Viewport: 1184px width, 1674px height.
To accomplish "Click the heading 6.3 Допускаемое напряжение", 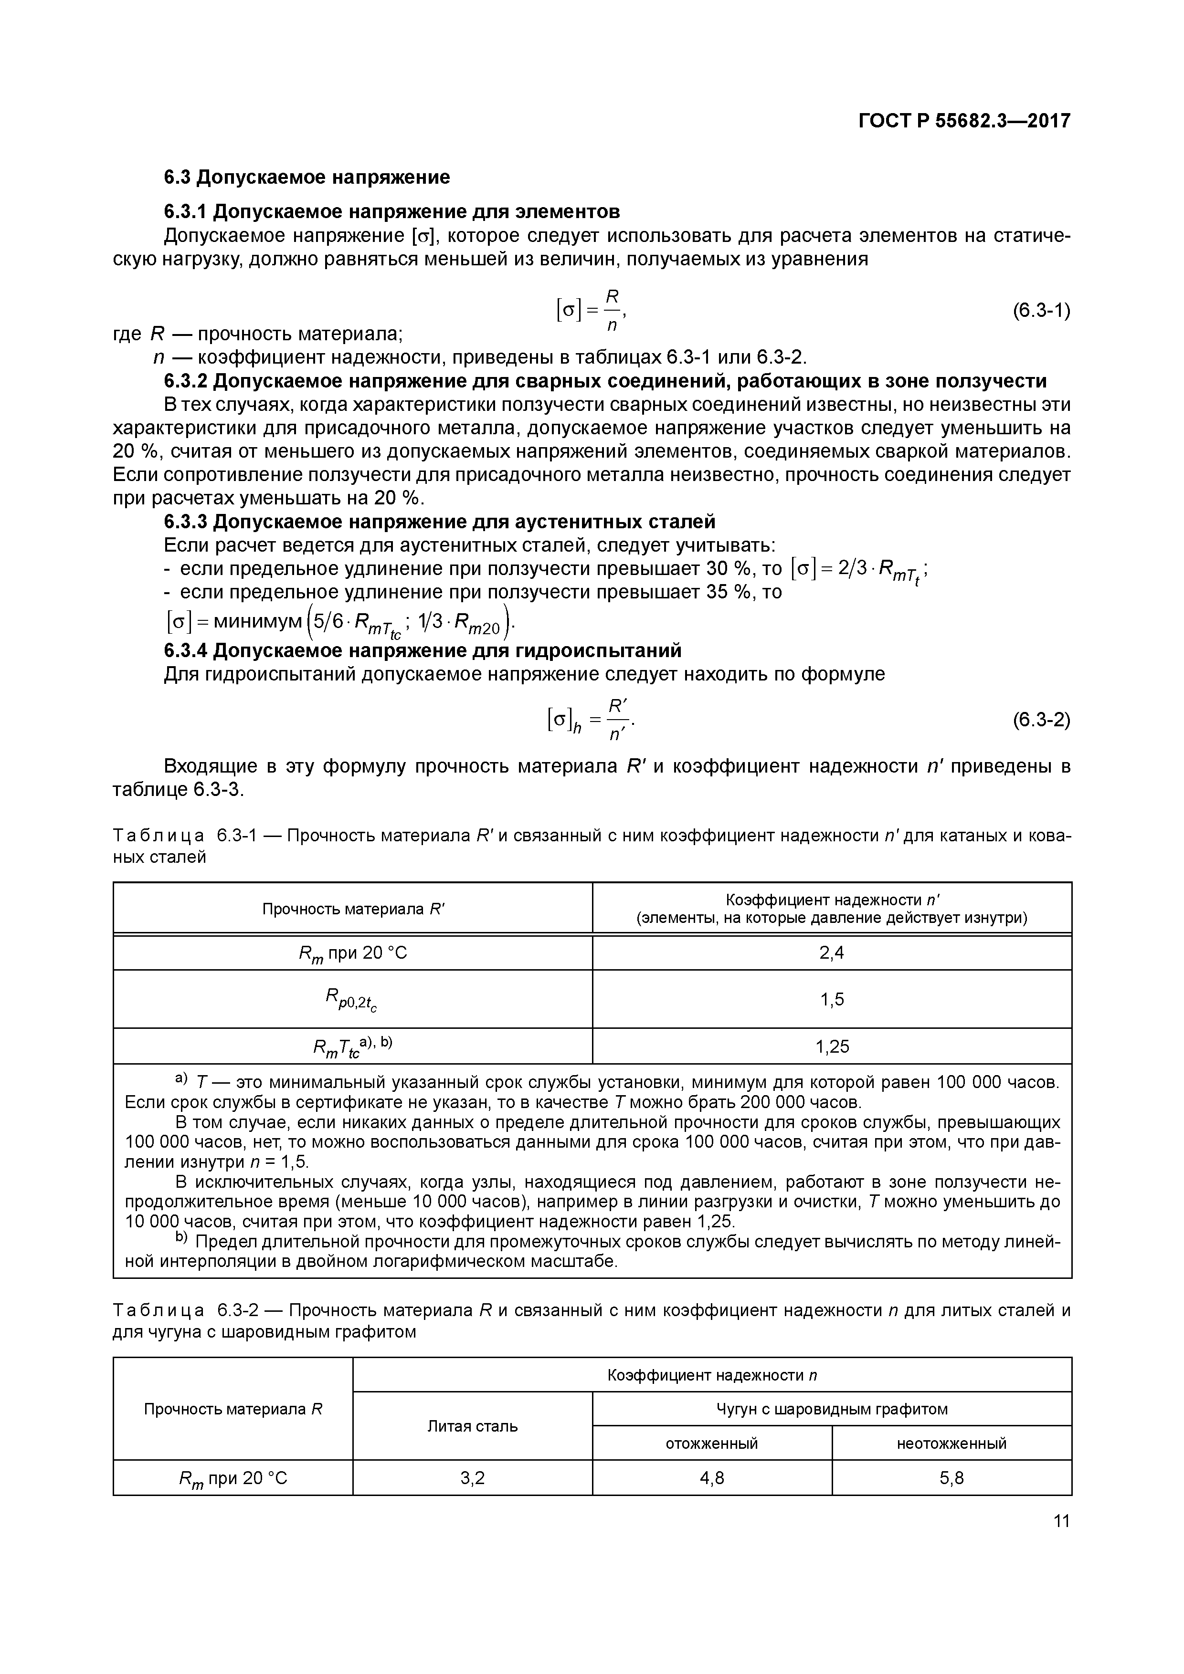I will point(307,177).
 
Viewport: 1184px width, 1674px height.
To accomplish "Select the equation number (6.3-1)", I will point(1041,311).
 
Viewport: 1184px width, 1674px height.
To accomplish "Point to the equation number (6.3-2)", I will point(1041,720).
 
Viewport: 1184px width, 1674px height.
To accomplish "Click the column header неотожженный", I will point(951,1443).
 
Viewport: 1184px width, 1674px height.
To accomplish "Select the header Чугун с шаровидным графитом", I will point(832,1409).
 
